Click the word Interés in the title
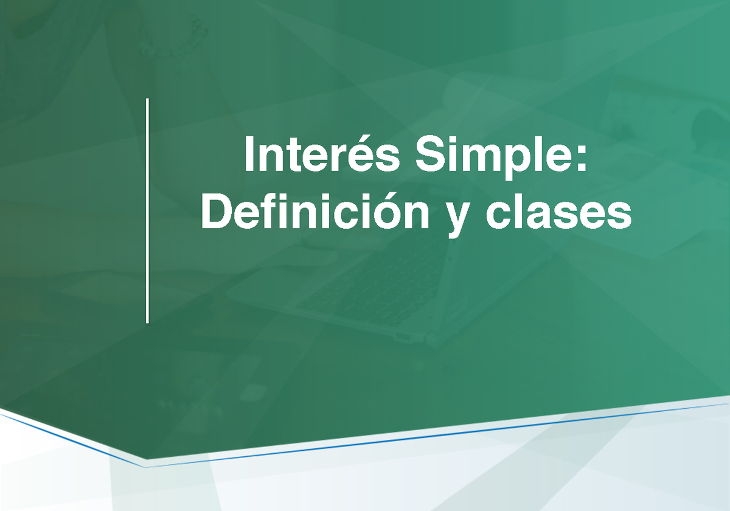click(322, 155)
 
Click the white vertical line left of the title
click(147, 210)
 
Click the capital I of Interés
click(249, 155)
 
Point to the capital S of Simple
click(428, 155)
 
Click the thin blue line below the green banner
click(426, 437)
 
